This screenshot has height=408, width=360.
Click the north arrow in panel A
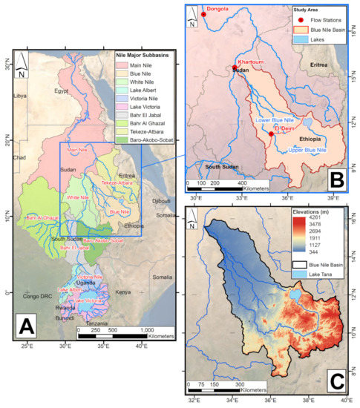pos(24,65)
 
